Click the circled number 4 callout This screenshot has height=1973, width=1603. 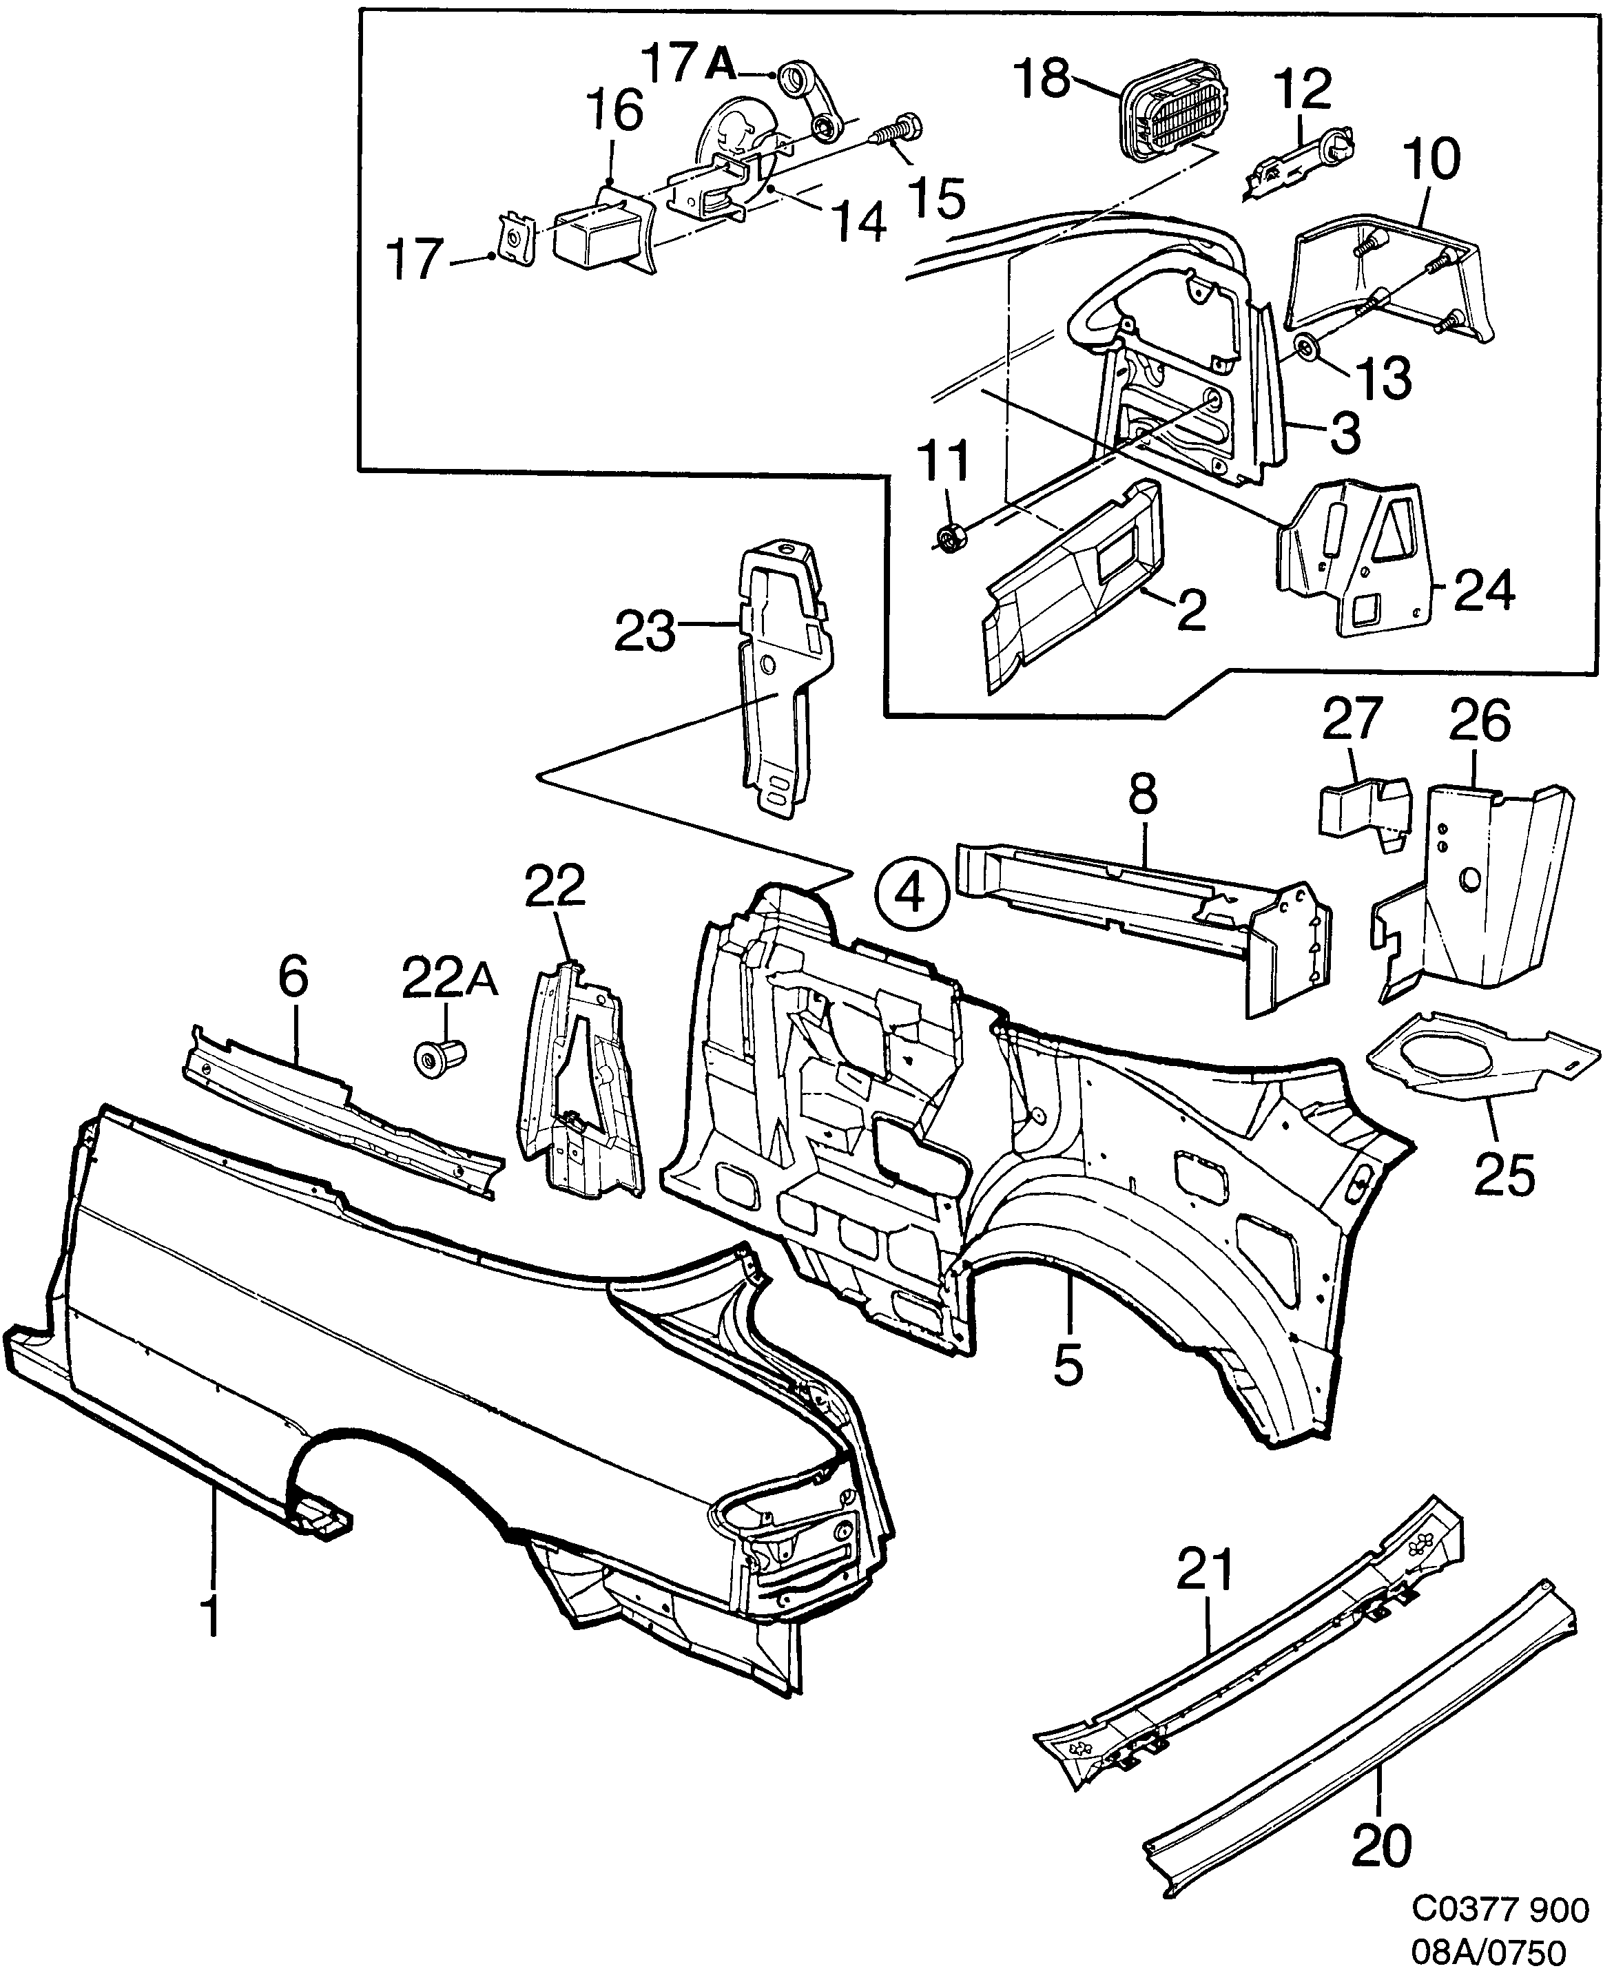pos(911,892)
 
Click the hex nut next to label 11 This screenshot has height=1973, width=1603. pos(950,536)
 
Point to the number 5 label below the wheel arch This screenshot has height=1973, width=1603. pos(1068,1366)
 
